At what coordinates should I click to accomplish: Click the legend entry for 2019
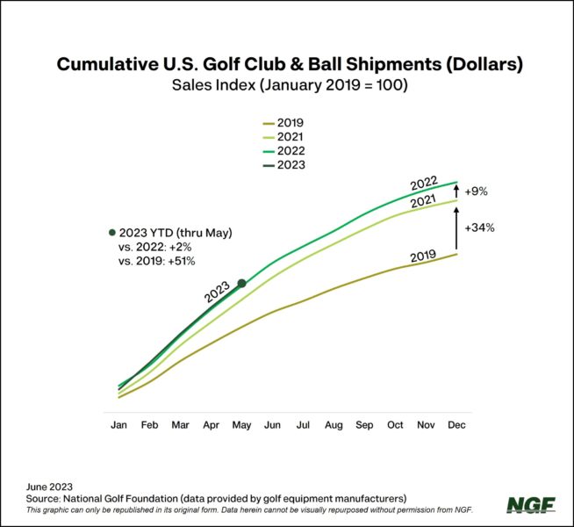290,123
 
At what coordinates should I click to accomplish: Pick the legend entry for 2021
290,136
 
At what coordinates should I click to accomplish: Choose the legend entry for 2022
290,150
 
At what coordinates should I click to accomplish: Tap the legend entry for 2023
290,164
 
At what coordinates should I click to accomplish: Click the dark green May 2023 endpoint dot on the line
242,284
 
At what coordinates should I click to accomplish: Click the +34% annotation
481,227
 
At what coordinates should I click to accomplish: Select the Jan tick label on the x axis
118,425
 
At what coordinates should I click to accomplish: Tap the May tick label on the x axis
241,425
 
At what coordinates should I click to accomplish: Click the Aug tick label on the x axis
334,425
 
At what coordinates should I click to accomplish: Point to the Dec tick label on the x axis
456,425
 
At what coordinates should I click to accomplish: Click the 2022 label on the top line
423,184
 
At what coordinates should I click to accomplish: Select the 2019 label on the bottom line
424,256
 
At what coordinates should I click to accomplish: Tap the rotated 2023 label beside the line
217,292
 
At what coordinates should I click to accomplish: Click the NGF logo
530,505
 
